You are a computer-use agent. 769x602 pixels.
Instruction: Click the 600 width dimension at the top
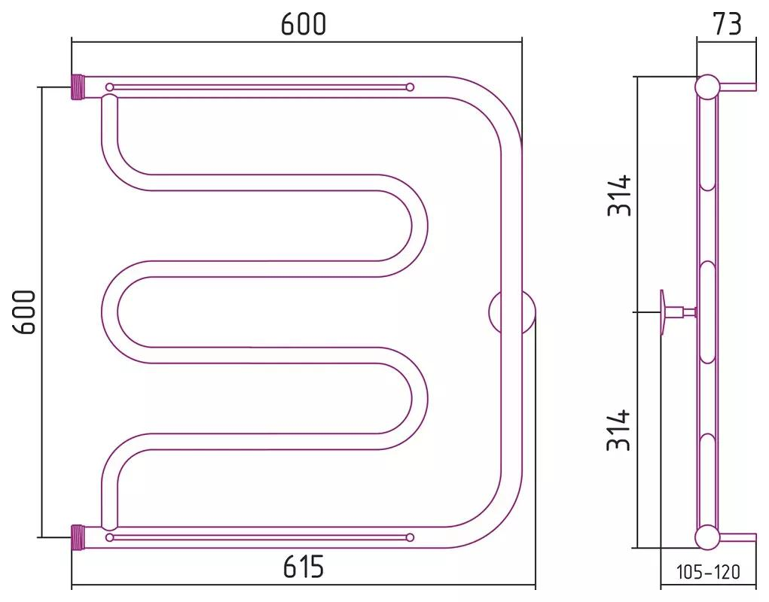[x=304, y=24]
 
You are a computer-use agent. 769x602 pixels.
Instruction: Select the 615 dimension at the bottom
[x=304, y=567]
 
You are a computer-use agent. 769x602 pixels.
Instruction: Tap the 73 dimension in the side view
[x=726, y=24]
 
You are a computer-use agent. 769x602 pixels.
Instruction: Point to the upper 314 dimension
[x=619, y=196]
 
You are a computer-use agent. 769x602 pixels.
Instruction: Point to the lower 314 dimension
[x=619, y=430]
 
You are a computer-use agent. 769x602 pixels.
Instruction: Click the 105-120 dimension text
[x=708, y=573]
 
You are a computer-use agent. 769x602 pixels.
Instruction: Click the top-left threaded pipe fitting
[x=79, y=87]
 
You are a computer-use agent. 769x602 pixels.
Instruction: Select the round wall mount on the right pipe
[x=512, y=312]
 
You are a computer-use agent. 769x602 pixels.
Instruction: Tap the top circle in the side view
[x=707, y=87]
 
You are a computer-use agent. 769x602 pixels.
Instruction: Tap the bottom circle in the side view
[x=707, y=537]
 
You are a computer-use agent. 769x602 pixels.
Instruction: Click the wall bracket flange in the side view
[x=664, y=312]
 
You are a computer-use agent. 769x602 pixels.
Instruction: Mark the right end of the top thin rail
[x=410, y=87]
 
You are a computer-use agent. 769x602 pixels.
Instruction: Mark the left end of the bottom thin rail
[x=110, y=537]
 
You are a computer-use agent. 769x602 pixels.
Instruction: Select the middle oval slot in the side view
[x=707, y=312]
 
